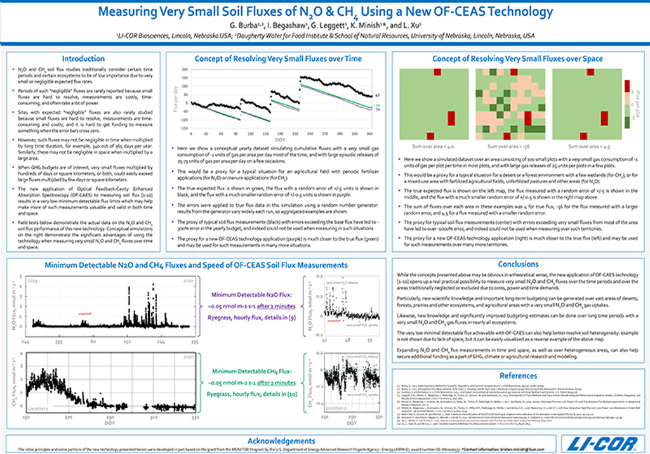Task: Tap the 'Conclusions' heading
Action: (518, 264)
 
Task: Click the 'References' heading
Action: (518, 376)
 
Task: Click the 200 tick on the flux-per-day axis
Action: (185, 69)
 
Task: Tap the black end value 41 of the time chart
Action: (378, 94)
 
